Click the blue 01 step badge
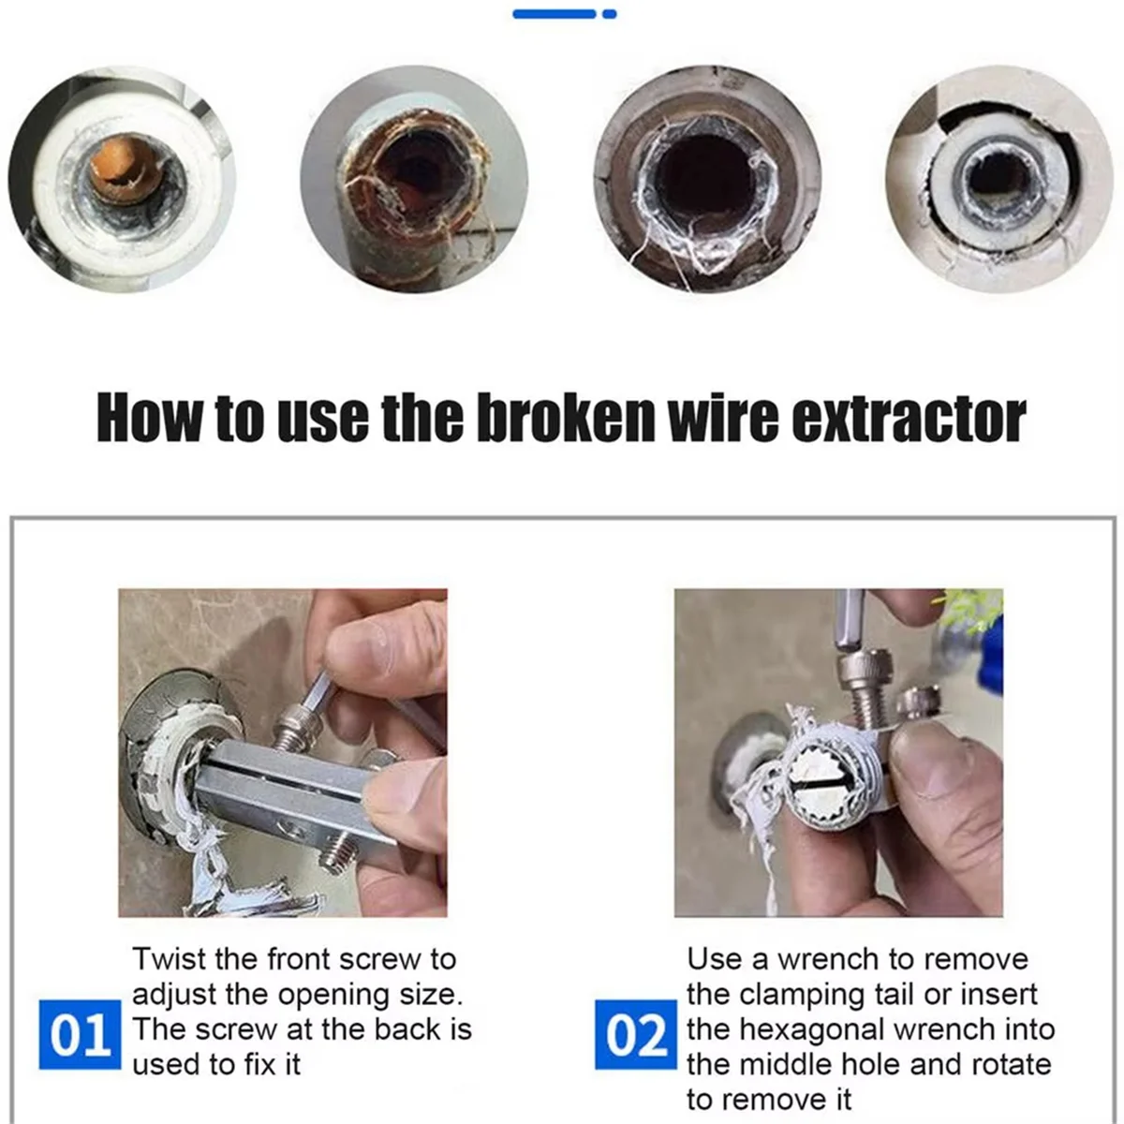(x=80, y=1034)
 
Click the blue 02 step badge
(x=636, y=1034)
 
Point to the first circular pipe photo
(x=123, y=179)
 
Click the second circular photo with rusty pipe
(x=414, y=179)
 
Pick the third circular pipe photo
(x=707, y=179)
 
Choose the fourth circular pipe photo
(x=998, y=179)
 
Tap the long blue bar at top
(x=555, y=14)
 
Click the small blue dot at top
(x=610, y=14)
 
